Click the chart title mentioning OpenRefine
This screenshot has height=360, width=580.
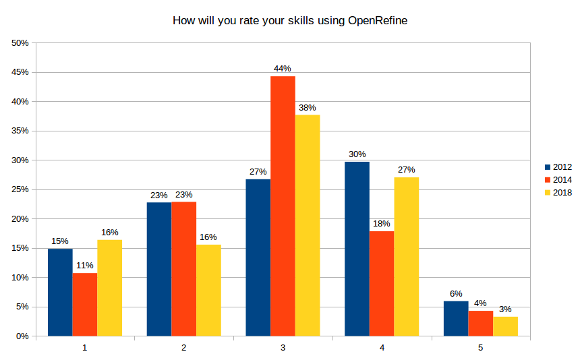290,21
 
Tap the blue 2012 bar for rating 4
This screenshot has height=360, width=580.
357,249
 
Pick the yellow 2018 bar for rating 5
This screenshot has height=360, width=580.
505,326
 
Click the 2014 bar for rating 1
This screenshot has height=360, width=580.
85,304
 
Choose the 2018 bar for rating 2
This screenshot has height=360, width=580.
208,290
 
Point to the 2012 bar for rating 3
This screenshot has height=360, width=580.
258,258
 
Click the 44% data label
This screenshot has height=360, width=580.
282,69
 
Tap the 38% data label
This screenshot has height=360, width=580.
307,107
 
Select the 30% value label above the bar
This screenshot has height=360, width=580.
357,154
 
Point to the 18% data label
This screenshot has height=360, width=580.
381,224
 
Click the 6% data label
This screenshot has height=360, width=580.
456,293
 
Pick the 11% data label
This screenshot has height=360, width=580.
84,266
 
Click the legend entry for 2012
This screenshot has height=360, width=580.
558,167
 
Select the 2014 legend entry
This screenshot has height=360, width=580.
558,180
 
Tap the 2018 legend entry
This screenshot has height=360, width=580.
558,193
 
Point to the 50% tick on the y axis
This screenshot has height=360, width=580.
20,43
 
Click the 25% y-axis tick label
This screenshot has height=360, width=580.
20,189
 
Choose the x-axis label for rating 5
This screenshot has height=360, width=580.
481,348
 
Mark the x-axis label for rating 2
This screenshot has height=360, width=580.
183,348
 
